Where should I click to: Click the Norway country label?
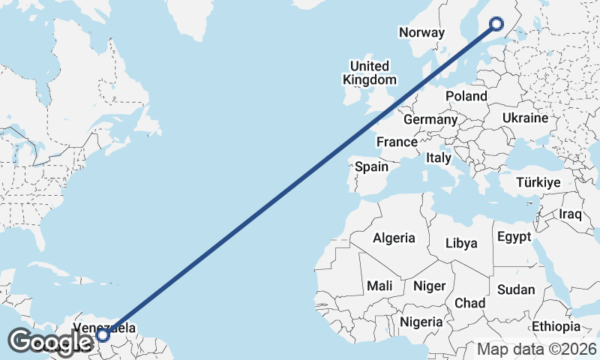click(422, 32)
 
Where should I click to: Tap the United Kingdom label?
click(370, 73)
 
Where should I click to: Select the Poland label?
click(466, 96)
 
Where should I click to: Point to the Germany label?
click(430, 119)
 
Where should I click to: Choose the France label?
click(397, 142)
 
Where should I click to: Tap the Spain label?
click(371, 166)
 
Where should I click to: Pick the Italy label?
click(439, 158)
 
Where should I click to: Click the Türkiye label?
click(539, 182)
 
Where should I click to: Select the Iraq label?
click(571, 214)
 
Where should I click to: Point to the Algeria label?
click(394, 238)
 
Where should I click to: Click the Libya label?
click(461, 243)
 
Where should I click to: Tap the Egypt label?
click(514, 237)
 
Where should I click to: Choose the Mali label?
click(379, 286)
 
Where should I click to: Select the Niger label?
click(430, 286)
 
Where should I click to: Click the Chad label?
click(470, 303)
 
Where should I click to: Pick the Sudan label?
click(517, 289)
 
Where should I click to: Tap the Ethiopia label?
click(556, 326)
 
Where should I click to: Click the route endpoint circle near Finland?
click(496, 24)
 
